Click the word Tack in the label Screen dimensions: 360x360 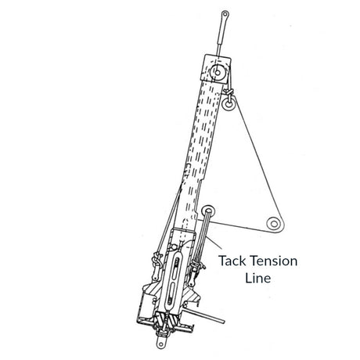click(232, 261)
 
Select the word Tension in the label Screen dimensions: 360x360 click(271, 261)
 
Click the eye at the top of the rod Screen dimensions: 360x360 click(224, 15)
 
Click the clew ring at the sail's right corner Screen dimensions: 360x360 click(273, 224)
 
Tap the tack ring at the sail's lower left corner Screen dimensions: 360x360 click(207, 211)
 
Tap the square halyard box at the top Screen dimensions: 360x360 click(218, 73)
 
